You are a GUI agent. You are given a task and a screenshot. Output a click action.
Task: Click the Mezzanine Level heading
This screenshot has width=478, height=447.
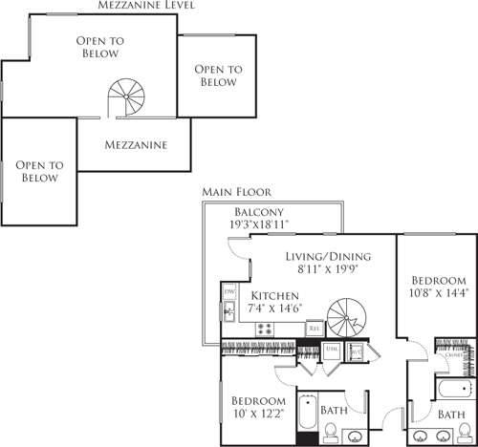147,6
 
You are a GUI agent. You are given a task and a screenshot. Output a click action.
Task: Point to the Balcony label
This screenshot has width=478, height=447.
259,212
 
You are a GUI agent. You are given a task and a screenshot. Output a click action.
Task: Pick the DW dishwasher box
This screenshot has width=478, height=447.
229,290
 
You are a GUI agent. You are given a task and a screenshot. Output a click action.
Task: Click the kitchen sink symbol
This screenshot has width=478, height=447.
229,311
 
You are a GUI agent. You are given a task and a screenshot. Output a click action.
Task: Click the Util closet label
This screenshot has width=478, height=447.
330,351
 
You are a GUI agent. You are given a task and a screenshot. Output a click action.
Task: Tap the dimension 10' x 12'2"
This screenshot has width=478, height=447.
258,413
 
